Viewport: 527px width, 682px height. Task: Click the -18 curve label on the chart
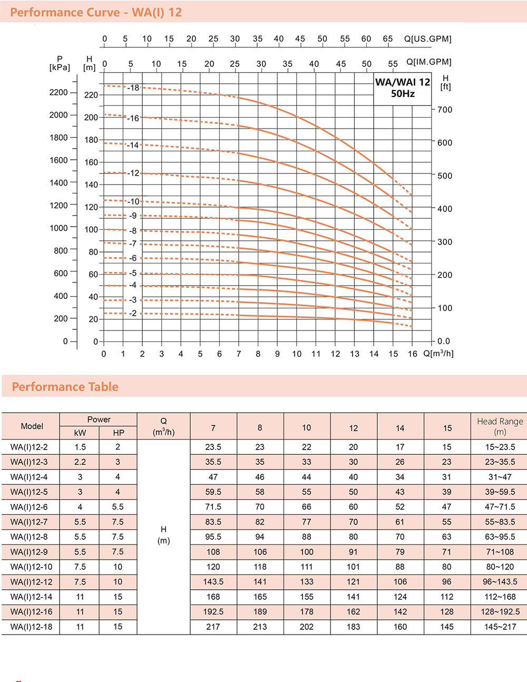point(133,87)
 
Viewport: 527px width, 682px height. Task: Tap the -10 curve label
point(133,201)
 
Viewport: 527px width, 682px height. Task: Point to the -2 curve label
point(133,313)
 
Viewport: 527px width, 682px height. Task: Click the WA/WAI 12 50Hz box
point(403,89)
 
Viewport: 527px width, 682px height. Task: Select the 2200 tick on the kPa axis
point(58,92)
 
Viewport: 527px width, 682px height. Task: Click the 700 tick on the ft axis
point(445,110)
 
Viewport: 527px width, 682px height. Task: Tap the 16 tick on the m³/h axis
point(412,354)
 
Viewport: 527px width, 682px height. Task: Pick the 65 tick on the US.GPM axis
point(387,38)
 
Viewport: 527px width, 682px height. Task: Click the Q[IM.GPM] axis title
point(429,62)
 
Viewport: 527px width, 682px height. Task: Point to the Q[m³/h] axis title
point(438,354)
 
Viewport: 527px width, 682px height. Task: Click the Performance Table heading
point(65,387)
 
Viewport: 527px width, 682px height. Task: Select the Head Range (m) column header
point(500,426)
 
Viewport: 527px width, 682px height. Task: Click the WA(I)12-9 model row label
point(29,552)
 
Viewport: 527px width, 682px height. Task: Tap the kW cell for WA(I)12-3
point(80,462)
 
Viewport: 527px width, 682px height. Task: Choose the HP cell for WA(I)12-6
point(118,506)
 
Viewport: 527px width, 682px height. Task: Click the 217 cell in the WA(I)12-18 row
point(213,627)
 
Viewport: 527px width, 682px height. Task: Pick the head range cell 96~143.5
point(500,581)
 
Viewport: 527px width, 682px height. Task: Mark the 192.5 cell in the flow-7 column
point(213,611)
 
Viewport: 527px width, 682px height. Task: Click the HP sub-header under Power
point(119,433)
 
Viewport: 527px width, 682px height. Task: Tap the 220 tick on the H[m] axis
point(91,95)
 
